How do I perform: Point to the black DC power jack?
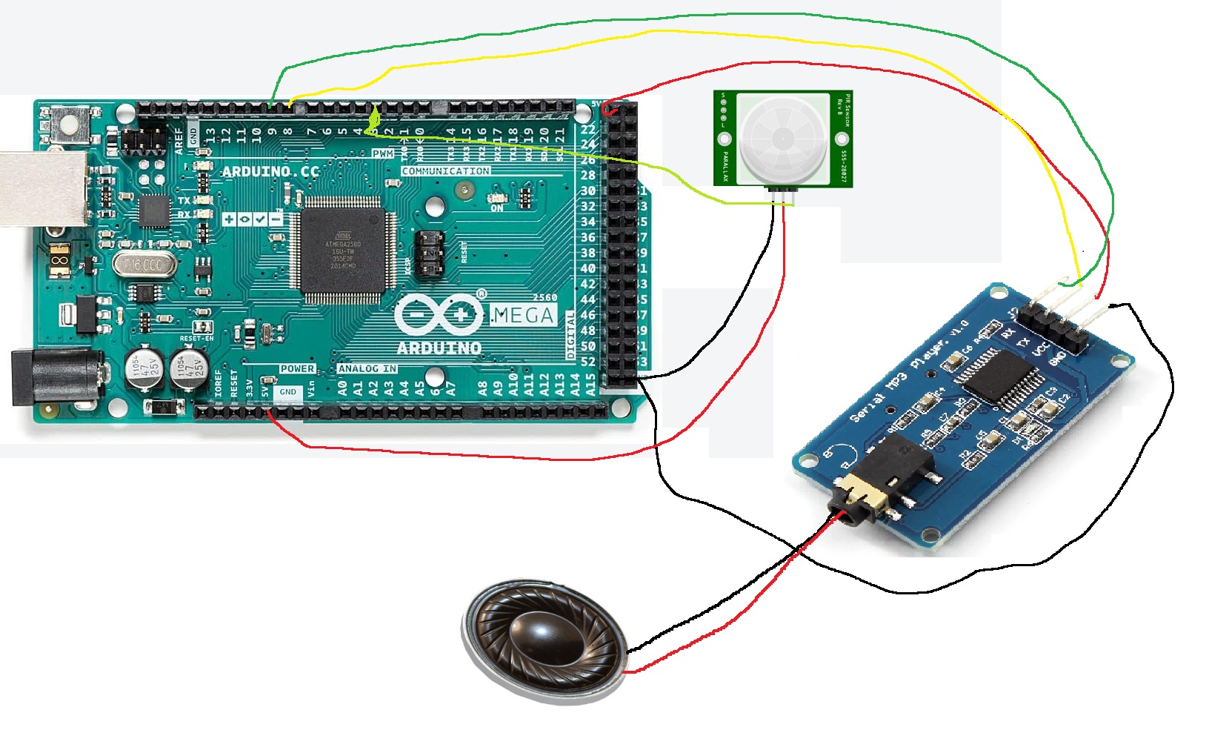56,378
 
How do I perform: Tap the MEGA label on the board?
522,316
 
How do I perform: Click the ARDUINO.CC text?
270,171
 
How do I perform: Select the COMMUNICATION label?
445,170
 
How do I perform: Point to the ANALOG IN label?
367,368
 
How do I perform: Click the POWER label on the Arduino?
297,368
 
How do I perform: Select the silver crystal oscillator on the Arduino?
146,265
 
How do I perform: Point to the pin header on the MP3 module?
1052,330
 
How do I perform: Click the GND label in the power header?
287,392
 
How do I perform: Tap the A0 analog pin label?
342,388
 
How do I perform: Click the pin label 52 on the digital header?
587,362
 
